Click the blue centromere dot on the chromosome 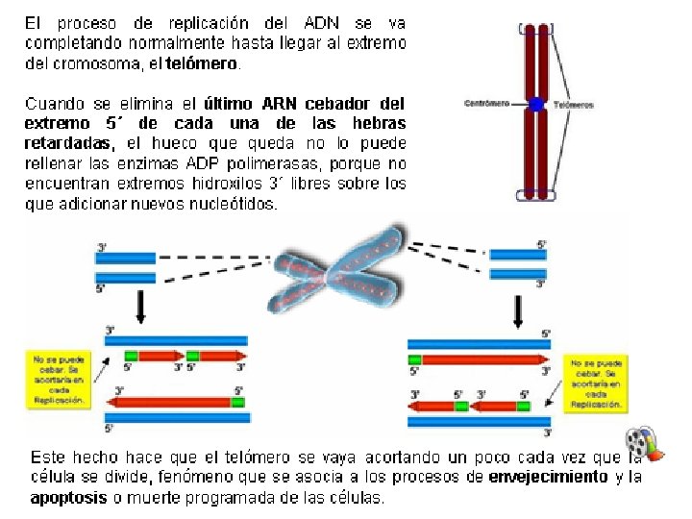tap(536, 104)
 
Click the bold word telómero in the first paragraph tap(202, 65)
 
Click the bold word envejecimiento tap(549, 477)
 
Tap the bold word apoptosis tap(69, 498)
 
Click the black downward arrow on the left tap(141, 307)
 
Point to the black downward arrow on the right tap(520, 310)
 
